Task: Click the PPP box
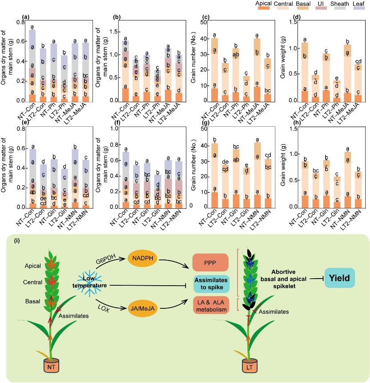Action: tap(211, 262)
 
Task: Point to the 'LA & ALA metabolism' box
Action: tap(211, 305)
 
